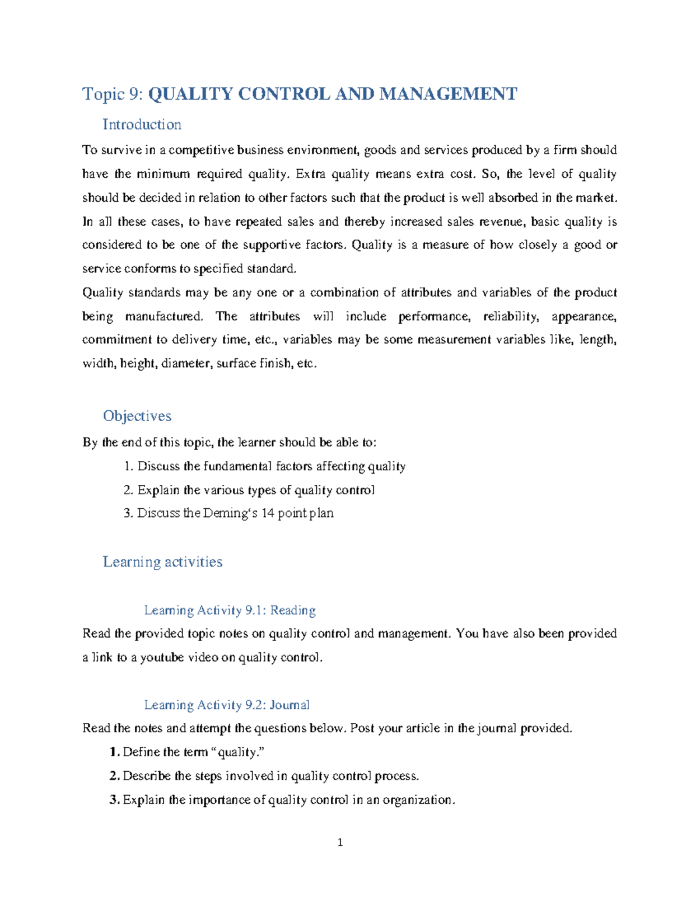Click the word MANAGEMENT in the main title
pos(448,94)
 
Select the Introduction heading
pos(142,124)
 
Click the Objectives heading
pos(137,416)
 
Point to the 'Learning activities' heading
pos(162,562)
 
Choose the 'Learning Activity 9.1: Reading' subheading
pos(229,610)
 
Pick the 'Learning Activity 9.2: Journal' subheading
pos(226,705)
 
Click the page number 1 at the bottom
pos(340,842)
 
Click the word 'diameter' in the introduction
pos(186,363)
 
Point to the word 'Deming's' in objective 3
pos(226,513)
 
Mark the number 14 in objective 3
pos(268,513)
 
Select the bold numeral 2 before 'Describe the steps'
pos(114,776)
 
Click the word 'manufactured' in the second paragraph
pos(164,316)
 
